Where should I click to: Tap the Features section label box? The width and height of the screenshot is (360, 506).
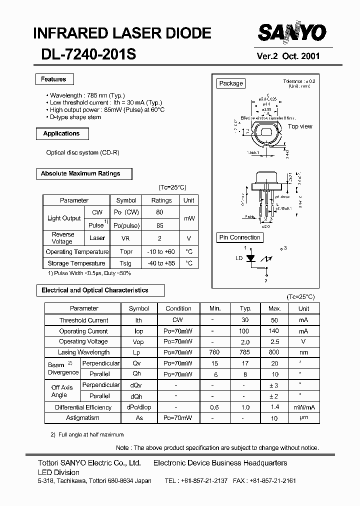[x=54, y=79]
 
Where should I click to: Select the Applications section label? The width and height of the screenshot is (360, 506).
[x=61, y=133]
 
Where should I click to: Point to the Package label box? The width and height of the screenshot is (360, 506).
[x=231, y=83]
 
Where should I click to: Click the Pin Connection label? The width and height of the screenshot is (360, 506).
[x=240, y=237]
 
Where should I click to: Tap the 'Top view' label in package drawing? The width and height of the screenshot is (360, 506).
[x=300, y=126]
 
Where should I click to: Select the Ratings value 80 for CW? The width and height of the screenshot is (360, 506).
[x=159, y=212]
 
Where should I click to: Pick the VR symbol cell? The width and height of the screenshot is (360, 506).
[x=125, y=238]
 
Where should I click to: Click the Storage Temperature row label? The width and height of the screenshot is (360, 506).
[x=76, y=263]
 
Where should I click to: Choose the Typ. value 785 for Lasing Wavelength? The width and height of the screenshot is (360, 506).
[x=245, y=352]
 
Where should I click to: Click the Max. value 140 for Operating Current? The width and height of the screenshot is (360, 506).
[x=274, y=331]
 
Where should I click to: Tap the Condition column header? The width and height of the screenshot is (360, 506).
[x=178, y=308]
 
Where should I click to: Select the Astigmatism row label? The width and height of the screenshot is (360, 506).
[x=83, y=417]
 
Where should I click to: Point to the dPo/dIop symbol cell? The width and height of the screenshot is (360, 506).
[x=138, y=407]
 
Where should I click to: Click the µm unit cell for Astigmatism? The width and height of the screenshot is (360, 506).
[x=303, y=418]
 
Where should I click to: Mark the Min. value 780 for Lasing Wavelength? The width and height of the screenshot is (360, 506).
[x=214, y=352]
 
